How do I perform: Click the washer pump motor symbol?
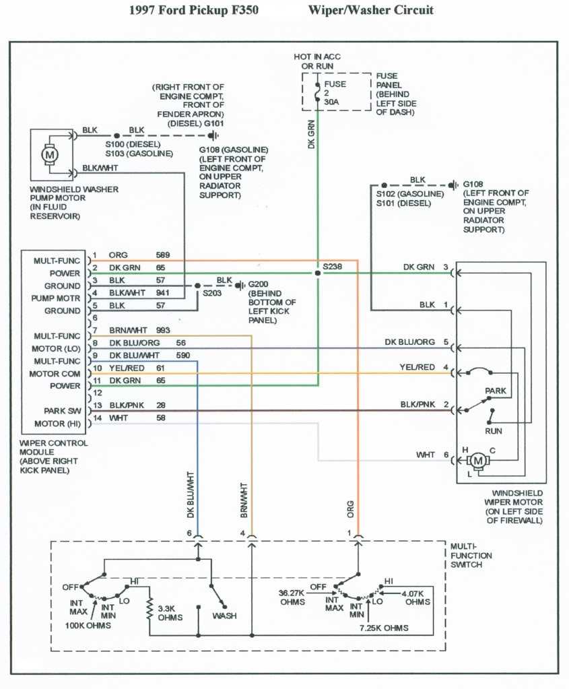click(x=49, y=154)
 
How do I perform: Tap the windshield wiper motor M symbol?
click(x=478, y=460)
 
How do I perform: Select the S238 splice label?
click(x=333, y=267)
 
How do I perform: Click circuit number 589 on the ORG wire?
click(x=163, y=255)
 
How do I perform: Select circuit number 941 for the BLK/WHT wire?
click(x=163, y=293)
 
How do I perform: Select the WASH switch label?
click(x=224, y=616)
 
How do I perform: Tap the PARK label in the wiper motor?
click(x=496, y=391)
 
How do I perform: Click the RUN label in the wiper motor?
click(x=494, y=430)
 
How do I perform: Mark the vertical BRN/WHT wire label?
click(x=244, y=500)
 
